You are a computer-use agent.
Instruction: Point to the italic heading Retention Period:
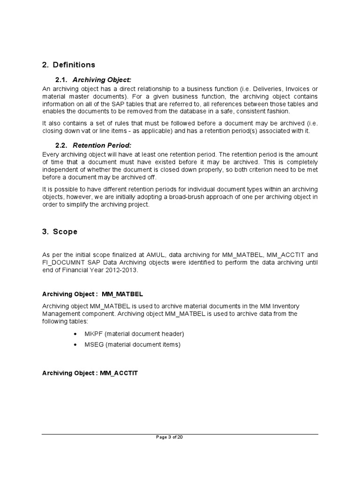pyautogui.click(x=102, y=145)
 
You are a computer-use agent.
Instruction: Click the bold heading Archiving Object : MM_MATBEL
pyautogui.click(x=92, y=294)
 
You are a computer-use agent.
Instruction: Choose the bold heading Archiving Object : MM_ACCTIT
pyautogui.click(x=90, y=373)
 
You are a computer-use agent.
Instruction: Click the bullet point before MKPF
pyautogui.click(x=76, y=334)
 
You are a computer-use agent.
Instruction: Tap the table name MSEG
pyautogui.click(x=94, y=345)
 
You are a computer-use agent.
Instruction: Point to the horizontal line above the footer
pyautogui.click(x=180, y=434)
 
